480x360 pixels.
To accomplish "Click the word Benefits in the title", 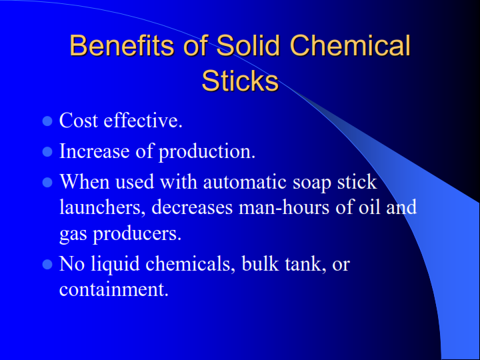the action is (x=122, y=45).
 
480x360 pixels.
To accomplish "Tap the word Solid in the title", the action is (x=248, y=45).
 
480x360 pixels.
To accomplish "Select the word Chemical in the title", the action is (x=350, y=45).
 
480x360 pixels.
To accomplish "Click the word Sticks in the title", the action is (x=240, y=81).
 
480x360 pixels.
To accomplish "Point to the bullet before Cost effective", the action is (x=47, y=121).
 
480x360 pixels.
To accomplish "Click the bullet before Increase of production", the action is (x=47, y=151).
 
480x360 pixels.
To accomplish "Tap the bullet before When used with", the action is (x=47, y=183).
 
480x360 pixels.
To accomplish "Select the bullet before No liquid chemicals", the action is (x=47, y=264).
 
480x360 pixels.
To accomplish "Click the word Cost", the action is (x=79, y=120).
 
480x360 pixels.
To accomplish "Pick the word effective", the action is (x=143, y=120).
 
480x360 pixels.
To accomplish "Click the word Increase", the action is (x=94, y=151).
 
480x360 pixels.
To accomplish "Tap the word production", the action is (x=207, y=151).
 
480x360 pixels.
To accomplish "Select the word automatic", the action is (x=245, y=182).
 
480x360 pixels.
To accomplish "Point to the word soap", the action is (x=312, y=183).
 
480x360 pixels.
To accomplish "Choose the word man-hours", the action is (x=284, y=207).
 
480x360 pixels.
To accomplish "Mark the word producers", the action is (x=137, y=234).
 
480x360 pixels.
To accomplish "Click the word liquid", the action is (x=115, y=264).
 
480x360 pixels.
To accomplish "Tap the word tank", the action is (x=305, y=263).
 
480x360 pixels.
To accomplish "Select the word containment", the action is (x=114, y=289).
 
